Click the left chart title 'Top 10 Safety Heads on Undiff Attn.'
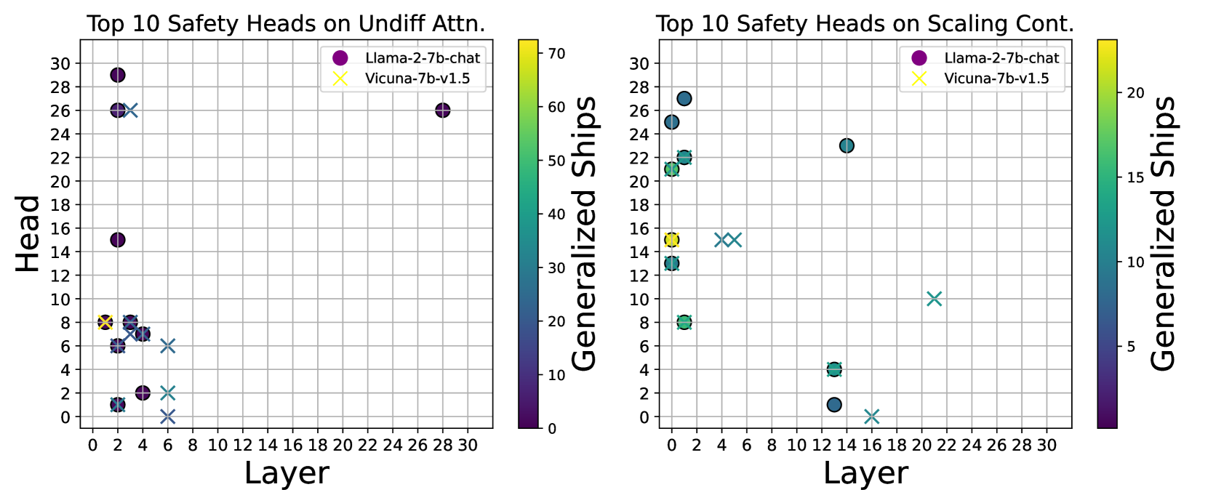286,24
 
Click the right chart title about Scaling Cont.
865,24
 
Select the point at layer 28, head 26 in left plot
443,110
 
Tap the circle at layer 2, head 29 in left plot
118,75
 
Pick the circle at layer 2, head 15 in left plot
118,240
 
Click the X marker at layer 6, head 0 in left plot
167,417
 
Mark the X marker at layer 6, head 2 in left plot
167,393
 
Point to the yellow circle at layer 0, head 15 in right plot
672,240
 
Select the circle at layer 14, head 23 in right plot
847,146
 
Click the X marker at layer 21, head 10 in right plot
935,299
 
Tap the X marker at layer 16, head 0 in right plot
872,417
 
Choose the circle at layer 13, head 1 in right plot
834,405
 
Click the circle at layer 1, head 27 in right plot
684,99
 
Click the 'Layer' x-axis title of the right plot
865,474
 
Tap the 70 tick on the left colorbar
556,53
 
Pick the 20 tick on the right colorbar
1135,93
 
